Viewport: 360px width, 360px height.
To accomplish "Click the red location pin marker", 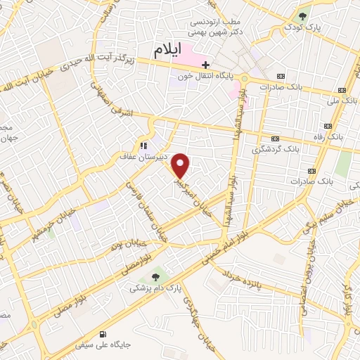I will click(x=182, y=166).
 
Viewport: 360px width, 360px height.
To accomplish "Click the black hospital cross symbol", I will click(x=205, y=65).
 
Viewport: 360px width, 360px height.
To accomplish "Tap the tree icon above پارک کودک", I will click(x=302, y=16).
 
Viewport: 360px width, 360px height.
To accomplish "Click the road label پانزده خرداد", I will click(x=243, y=281).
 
